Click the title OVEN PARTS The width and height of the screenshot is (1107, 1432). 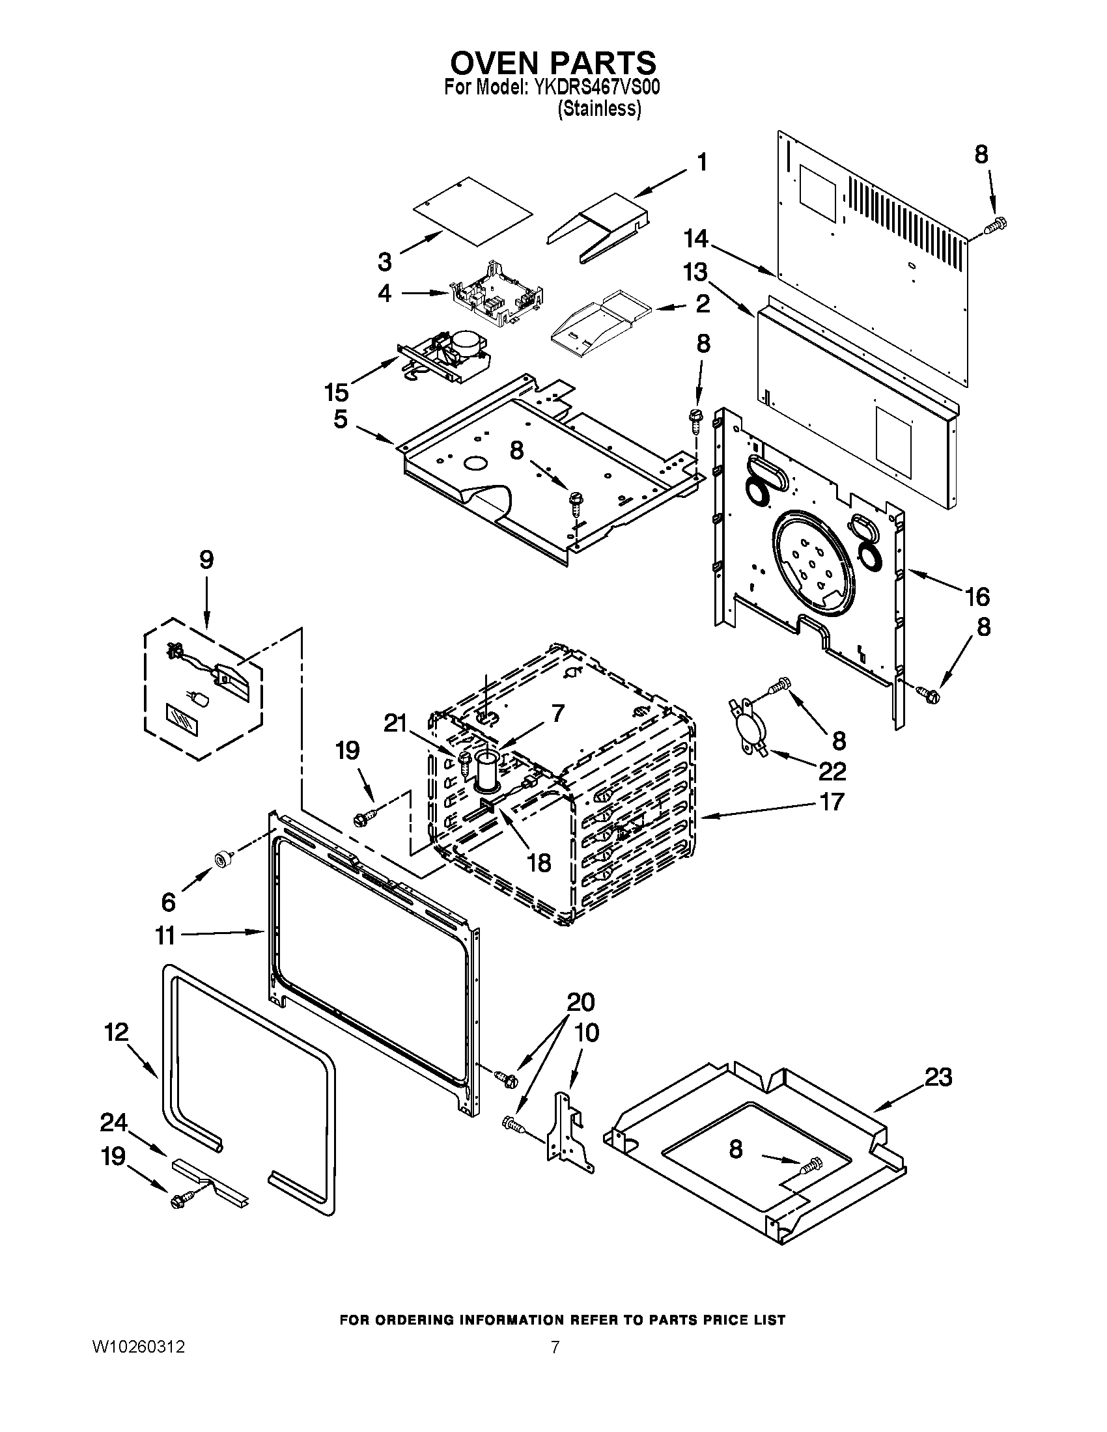click(553, 63)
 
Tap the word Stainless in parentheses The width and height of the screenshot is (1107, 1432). click(598, 109)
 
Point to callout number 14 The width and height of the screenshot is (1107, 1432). click(696, 240)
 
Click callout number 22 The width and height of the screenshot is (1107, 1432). click(832, 771)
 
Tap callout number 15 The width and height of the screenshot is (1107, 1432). click(337, 392)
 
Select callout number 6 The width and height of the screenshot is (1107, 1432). click(169, 902)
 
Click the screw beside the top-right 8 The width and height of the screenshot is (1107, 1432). click(996, 225)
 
